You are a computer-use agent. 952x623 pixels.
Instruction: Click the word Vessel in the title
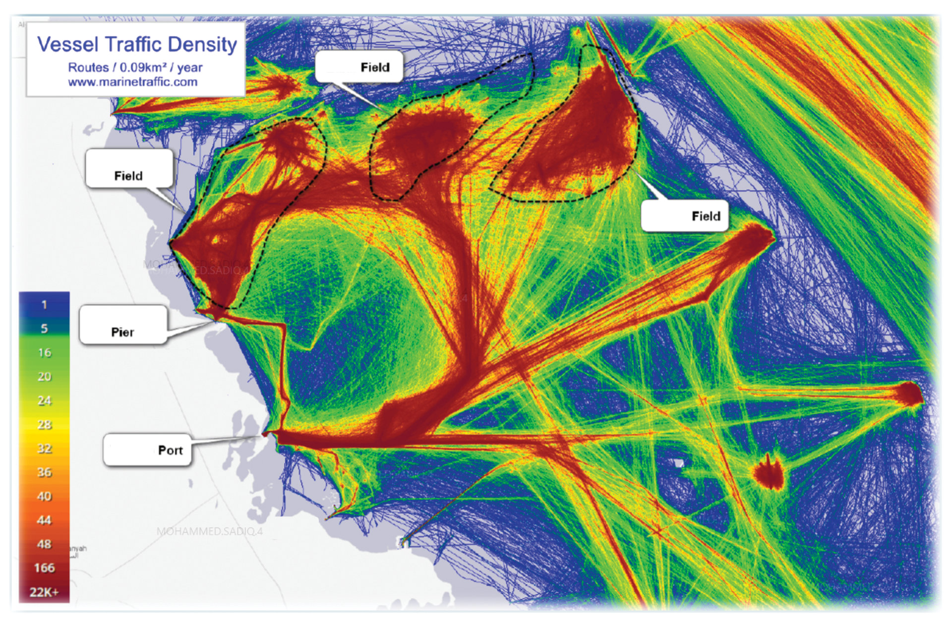pos(67,45)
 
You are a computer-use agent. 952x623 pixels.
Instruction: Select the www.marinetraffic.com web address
pos(132,82)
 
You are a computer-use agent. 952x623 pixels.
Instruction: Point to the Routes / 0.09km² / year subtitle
pos(135,67)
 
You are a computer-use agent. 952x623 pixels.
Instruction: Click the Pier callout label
pos(122,332)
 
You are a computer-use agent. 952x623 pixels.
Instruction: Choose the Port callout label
pos(170,450)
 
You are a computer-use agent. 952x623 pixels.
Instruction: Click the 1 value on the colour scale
pos(44,305)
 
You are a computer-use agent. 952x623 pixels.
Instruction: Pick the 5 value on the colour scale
pos(44,329)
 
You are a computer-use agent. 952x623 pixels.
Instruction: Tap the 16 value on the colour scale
pos(44,352)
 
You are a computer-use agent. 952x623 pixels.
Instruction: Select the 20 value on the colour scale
pos(44,377)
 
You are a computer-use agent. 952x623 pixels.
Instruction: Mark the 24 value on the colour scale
pos(44,400)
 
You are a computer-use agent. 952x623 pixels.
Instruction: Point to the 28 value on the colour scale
pos(44,424)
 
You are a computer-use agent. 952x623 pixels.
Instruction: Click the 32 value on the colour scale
pos(44,449)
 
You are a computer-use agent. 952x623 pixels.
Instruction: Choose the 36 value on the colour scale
pos(44,472)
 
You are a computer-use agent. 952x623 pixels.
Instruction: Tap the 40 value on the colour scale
pos(44,496)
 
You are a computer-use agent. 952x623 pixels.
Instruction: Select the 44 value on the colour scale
pos(44,520)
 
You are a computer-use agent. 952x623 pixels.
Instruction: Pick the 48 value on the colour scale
pos(44,544)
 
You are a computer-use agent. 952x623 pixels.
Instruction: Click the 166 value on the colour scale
pos(44,568)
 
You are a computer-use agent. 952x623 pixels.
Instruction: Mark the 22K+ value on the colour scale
pos(44,592)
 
